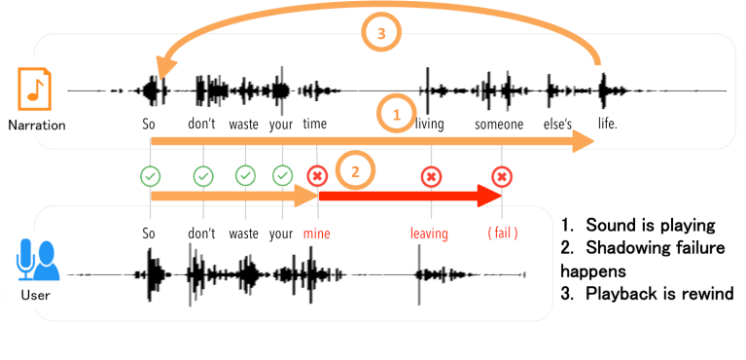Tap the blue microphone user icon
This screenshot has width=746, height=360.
pyautogui.click(x=36, y=258)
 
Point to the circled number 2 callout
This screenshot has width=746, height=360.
pyautogui.click(x=355, y=171)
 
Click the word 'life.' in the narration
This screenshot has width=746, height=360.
pyautogui.click(x=607, y=125)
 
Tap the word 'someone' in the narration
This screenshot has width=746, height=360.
pyautogui.click(x=499, y=125)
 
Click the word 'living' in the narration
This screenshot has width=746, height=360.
pyautogui.click(x=430, y=125)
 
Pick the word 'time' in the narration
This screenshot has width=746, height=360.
pyautogui.click(x=315, y=125)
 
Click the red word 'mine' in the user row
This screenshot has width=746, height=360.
pyautogui.click(x=316, y=234)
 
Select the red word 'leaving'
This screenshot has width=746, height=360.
pyautogui.click(x=429, y=234)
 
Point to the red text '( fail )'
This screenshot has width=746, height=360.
pyautogui.click(x=502, y=234)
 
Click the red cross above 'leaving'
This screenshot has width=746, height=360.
pyautogui.click(x=430, y=176)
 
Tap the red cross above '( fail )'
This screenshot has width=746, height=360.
pyautogui.click(x=502, y=176)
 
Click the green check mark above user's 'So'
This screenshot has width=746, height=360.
pyautogui.click(x=150, y=176)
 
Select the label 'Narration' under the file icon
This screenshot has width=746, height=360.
pyautogui.click(x=36, y=126)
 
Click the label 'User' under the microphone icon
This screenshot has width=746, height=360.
pyautogui.click(x=36, y=291)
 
